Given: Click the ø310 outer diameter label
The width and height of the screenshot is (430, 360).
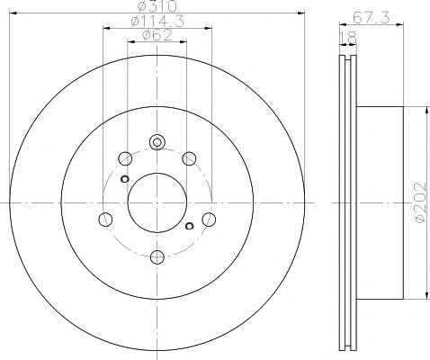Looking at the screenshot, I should (157, 7).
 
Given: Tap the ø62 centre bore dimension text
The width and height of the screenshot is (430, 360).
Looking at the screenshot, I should (157, 37).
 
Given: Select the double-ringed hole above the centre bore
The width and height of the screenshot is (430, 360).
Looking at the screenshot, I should (157, 141).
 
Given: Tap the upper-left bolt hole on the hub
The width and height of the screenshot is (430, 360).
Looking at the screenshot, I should (125, 159).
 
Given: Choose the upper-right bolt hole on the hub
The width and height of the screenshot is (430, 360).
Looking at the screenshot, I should (190, 159).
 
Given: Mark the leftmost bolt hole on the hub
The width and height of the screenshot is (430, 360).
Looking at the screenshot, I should (105, 219).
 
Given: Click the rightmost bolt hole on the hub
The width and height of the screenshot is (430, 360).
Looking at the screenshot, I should (210, 219).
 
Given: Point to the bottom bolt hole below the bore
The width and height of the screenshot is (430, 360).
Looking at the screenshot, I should (157, 256).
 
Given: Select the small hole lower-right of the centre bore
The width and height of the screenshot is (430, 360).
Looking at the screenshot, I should (188, 225).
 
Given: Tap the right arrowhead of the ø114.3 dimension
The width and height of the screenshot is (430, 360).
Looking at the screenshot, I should (208, 30).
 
